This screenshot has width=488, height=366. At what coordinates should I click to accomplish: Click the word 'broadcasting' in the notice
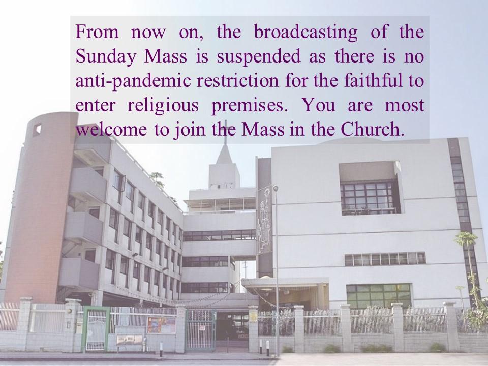pyautogui.click(x=306, y=33)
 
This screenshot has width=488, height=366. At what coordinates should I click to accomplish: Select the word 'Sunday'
pyautogui.click(x=106, y=57)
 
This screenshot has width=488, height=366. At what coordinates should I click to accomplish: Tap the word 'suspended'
pyautogui.click(x=258, y=57)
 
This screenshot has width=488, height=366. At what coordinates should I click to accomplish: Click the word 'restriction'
pyautogui.click(x=238, y=81)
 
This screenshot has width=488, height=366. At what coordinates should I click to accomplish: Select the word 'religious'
pyautogui.click(x=163, y=106)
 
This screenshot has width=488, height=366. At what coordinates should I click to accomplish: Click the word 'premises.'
pyautogui.click(x=248, y=106)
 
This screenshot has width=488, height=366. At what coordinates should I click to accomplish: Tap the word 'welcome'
pyautogui.click(x=111, y=129)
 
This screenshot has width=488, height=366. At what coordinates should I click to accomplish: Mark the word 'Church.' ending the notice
pyautogui.click(x=372, y=129)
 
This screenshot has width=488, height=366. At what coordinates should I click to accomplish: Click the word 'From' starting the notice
pyautogui.click(x=97, y=33)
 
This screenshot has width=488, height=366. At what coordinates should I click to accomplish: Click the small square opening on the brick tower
pyautogui.click(x=37, y=129)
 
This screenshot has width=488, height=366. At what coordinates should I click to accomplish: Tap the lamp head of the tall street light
pyautogui.click(x=276, y=188)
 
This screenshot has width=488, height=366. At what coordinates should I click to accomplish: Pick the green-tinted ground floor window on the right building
pyautogui.click(x=379, y=296)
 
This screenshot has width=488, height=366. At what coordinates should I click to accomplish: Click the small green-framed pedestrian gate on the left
pyautogui.click(x=96, y=329)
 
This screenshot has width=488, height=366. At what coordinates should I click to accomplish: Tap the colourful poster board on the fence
pyautogui.click(x=161, y=325)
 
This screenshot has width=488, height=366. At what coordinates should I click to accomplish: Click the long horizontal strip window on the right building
pyautogui.click(x=385, y=259)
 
